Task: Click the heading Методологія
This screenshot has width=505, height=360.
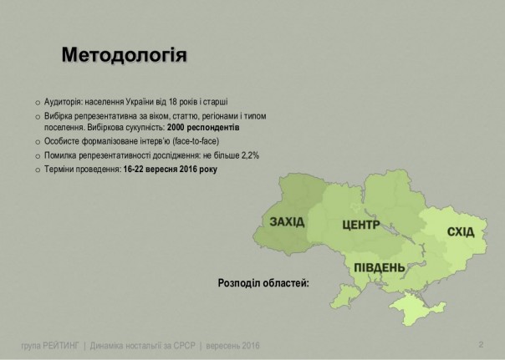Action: coord(125,56)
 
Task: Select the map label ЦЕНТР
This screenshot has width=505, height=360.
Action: coord(361,226)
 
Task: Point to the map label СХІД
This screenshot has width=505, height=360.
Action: coord(462,231)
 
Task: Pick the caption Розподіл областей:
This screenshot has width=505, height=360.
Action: coord(263,283)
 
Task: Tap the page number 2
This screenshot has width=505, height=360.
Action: coord(481,345)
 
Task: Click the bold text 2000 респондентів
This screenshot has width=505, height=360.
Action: coord(203,129)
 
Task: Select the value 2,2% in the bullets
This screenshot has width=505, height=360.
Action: coord(222,155)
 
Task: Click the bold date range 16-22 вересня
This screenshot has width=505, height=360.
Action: coord(150,168)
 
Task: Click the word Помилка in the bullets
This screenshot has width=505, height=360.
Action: coord(60,155)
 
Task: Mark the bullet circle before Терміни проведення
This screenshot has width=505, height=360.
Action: coord(37,169)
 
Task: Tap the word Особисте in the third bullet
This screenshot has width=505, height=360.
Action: coord(62,142)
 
